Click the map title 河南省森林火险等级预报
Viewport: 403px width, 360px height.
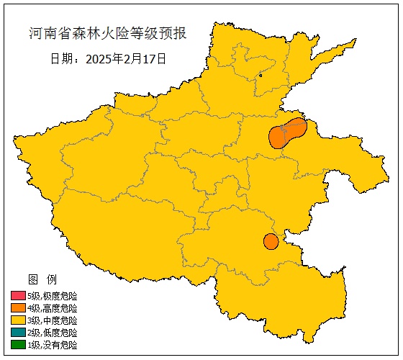107,33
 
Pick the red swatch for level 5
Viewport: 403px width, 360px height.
18,296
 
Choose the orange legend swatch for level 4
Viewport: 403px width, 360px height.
18,308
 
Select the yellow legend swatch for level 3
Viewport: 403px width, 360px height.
18,320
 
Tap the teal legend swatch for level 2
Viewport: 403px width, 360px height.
18,333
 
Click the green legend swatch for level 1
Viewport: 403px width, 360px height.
18,345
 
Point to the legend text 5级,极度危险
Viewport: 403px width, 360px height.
52,296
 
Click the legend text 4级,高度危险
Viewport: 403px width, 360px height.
52,308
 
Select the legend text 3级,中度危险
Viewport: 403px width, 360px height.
52,320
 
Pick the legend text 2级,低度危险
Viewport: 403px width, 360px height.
52,333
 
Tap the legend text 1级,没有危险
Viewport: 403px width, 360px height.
52,345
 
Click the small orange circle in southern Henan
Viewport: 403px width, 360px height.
271,241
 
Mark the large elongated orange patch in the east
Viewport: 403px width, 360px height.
286,133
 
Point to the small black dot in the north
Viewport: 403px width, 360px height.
261,75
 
